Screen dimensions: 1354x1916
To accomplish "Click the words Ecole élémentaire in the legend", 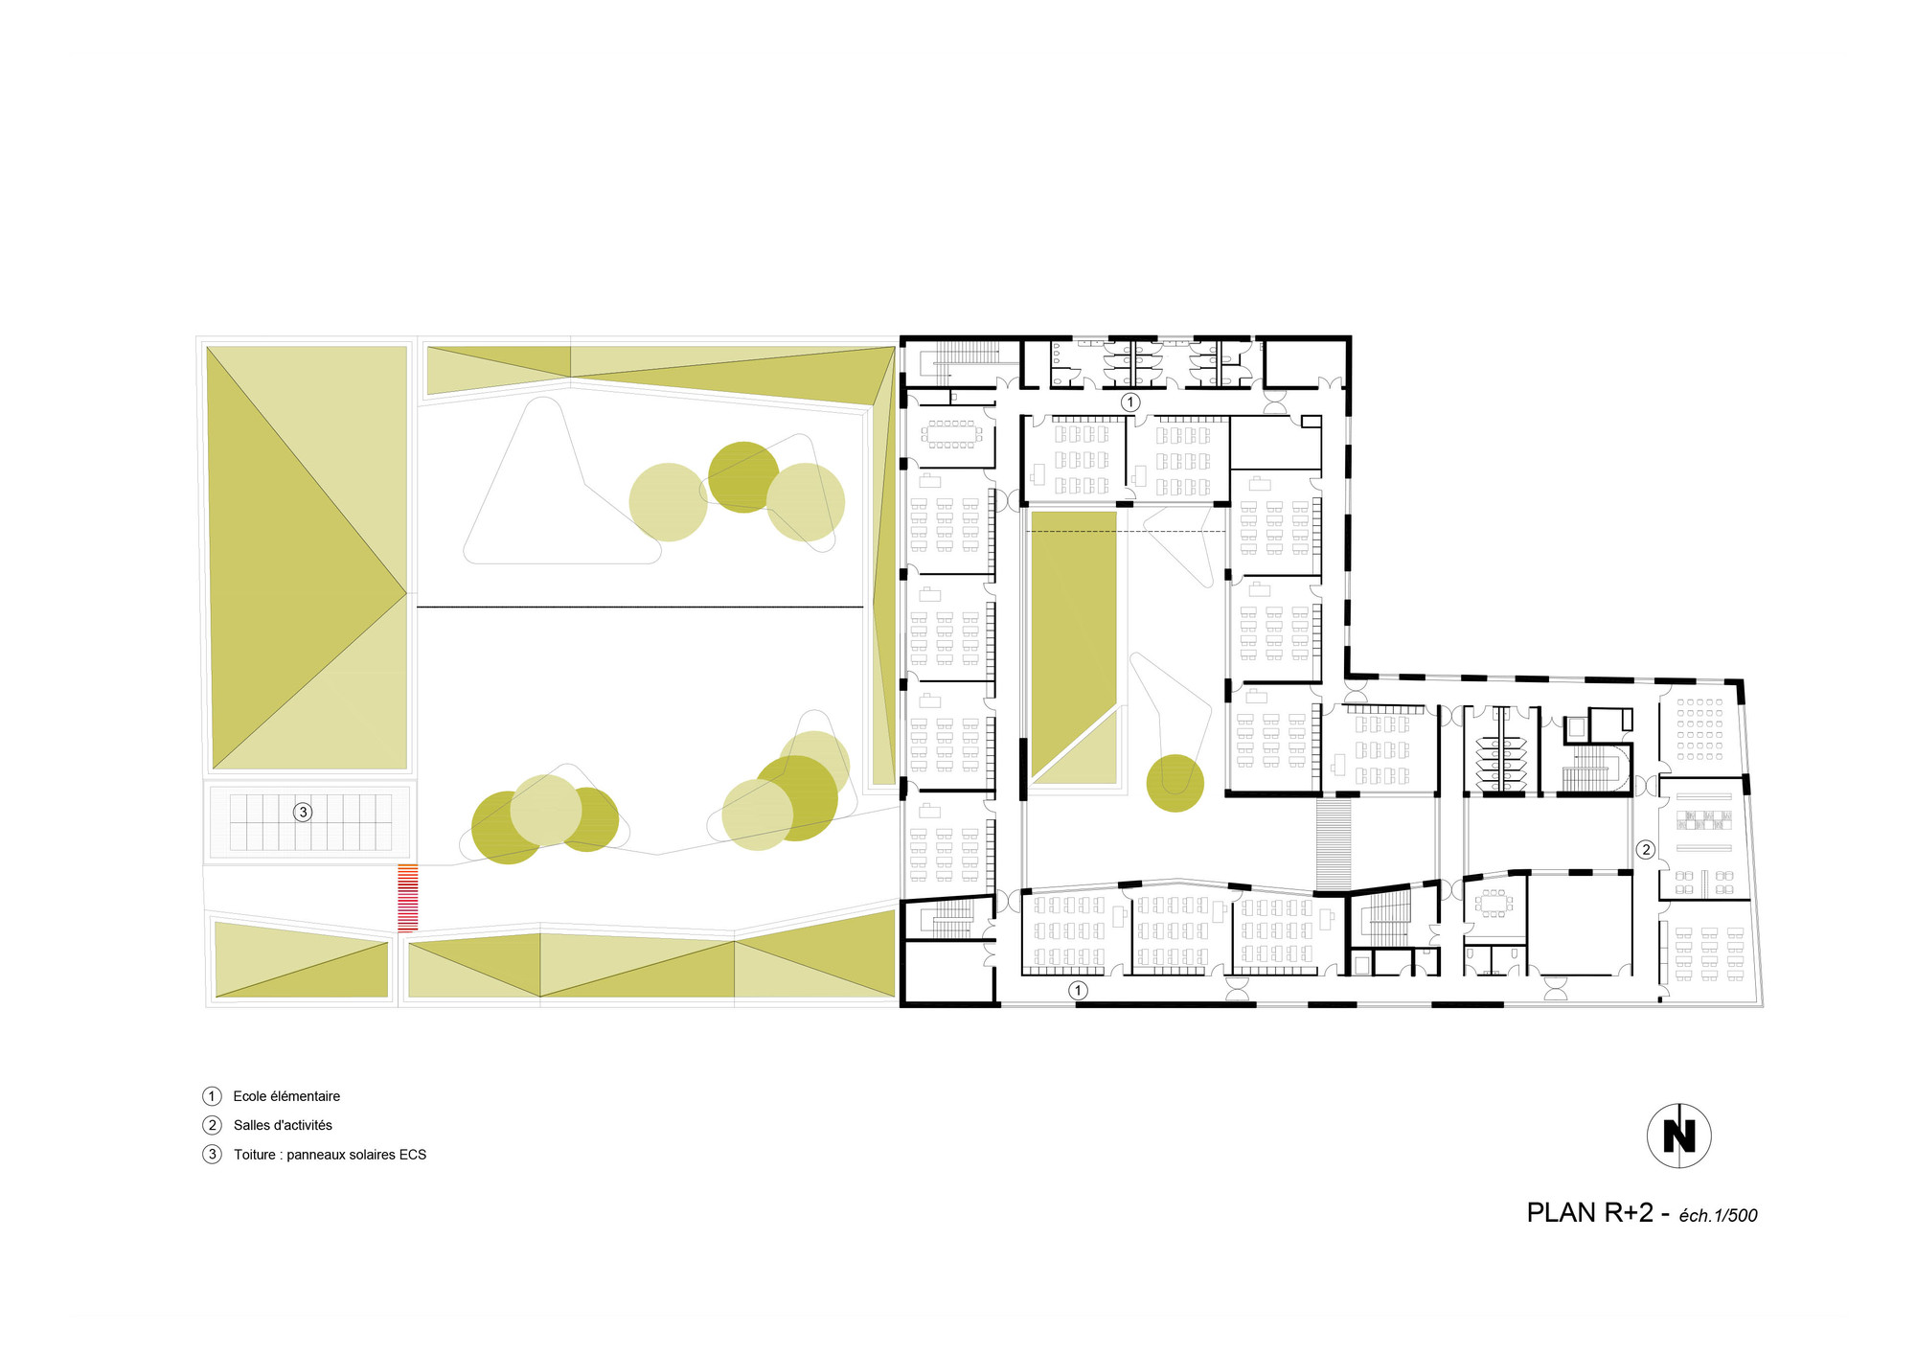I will tap(286, 1096).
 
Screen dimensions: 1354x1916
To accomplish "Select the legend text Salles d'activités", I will tap(283, 1126).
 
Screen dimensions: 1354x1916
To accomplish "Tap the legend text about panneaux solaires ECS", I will tap(330, 1155).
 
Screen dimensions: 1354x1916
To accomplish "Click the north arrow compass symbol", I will tap(1678, 1136).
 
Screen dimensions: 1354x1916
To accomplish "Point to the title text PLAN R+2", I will tap(1589, 1213).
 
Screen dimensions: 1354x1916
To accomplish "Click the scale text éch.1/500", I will tap(1718, 1216).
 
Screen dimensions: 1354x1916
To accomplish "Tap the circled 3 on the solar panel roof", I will tap(303, 813).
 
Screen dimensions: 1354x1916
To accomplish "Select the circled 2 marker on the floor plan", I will tap(1646, 849).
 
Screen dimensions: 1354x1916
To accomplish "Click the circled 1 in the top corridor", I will tap(1130, 402).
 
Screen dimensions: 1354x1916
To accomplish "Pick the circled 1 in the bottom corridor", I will tap(1078, 991).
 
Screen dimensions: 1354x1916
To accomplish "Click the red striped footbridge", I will tap(408, 898).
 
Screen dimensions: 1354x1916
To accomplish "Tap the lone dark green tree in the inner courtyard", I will tap(1175, 783).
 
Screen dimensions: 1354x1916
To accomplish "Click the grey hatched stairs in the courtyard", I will tap(1334, 843).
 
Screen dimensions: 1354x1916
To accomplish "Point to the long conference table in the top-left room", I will tap(950, 434).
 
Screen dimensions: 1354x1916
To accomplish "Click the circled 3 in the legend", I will tap(212, 1155).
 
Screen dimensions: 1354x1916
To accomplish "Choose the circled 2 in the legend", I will tap(212, 1126).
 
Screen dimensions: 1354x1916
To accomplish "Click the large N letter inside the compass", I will tap(1678, 1136).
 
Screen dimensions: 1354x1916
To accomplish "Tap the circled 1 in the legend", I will tap(212, 1096).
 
